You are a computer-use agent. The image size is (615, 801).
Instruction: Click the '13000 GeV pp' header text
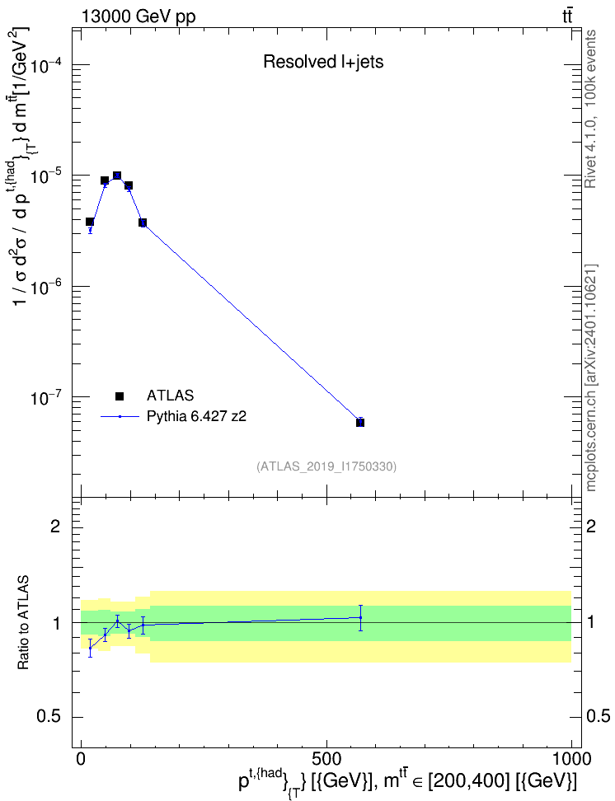pos(138,16)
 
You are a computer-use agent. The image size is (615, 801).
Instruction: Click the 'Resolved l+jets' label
pos(323,62)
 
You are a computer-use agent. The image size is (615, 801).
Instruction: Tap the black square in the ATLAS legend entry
pos(120,396)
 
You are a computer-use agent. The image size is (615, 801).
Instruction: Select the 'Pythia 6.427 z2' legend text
pos(196,416)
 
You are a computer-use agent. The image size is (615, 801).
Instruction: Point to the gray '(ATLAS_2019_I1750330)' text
pos(326,466)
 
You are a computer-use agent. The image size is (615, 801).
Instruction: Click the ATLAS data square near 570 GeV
pos(360,423)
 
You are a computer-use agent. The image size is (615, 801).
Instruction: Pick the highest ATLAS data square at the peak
pos(117,176)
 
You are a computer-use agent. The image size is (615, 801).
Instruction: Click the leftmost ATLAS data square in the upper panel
pos(90,222)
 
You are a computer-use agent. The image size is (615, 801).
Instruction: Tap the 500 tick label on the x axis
pos(326,759)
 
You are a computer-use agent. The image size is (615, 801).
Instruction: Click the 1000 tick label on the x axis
pos(570,759)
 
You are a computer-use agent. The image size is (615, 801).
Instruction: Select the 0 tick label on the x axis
pos(81,759)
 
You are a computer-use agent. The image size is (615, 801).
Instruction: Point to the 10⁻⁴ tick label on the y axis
pos(46,65)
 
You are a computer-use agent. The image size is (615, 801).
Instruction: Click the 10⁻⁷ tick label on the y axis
pos(46,397)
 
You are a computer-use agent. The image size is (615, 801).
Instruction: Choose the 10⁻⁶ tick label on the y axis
pos(46,287)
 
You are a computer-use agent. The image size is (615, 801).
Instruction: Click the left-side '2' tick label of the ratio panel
pos(55,526)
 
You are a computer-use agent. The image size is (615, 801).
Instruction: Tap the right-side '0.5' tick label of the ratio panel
pos(598,716)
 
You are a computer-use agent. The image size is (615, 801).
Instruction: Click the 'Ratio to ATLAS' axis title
pos(23,623)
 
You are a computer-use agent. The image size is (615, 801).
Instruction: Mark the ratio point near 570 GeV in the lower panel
pos(360,617)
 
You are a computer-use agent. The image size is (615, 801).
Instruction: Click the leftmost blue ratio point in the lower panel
pos(91,648)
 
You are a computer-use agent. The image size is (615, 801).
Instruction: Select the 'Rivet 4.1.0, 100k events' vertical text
pos(590,109)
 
